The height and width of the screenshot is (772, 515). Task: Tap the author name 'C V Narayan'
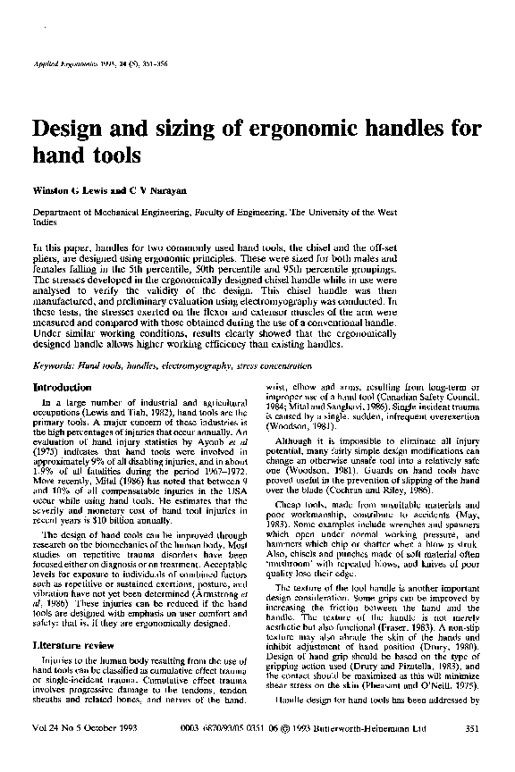click(x=162, y=190)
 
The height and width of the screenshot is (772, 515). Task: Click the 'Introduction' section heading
click(x=61, y=388)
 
